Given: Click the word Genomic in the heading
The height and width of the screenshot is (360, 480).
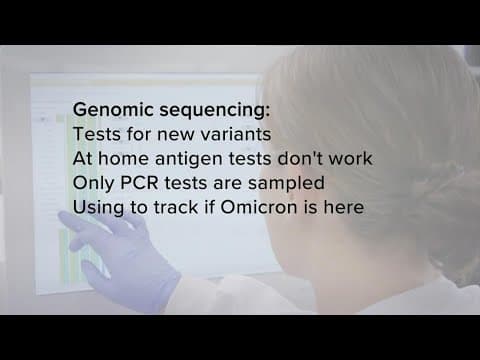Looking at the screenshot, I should click(112, 108).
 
